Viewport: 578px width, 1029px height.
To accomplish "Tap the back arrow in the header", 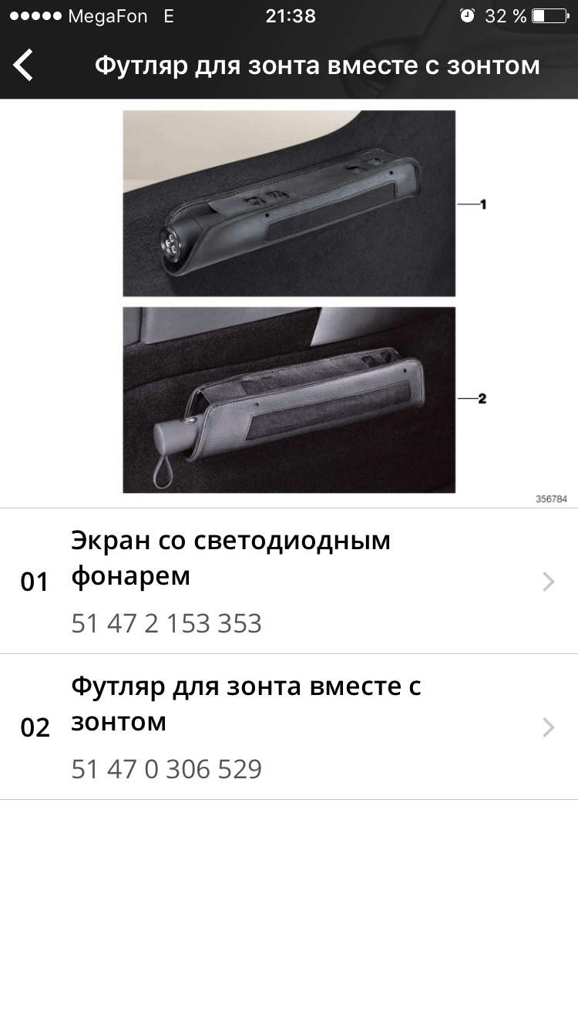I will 24,65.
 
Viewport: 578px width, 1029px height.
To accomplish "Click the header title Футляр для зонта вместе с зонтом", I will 317,66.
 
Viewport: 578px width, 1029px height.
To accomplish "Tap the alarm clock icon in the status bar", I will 467,15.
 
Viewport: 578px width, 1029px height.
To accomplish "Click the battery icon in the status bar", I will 549,15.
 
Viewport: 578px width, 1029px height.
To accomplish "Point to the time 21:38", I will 291,16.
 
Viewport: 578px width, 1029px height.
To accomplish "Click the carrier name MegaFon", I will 108,16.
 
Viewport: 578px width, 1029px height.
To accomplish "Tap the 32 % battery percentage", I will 506,16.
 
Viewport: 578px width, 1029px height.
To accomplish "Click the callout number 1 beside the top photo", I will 482,204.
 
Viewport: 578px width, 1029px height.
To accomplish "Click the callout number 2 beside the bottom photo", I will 482,399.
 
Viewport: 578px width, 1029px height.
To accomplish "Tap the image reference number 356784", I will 551,499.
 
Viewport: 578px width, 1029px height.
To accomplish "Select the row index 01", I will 35,582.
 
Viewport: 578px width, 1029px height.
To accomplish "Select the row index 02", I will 35,727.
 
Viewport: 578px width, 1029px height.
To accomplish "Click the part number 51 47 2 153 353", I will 166,623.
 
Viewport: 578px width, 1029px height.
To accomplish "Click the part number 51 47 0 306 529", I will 166,769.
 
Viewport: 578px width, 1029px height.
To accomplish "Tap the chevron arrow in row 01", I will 548,582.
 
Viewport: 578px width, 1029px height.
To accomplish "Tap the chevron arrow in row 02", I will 548,727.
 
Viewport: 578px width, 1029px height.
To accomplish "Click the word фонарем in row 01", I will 130,576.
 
